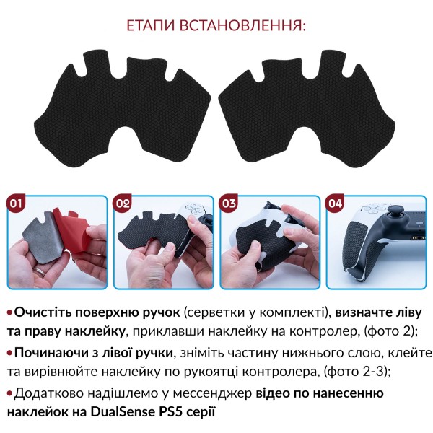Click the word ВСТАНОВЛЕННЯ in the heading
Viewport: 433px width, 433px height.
[x=243, y=25]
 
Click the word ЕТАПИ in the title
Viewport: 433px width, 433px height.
[x=151, y=25]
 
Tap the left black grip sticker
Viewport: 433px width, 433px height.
[x=121, y=110]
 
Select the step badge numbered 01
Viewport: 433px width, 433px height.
[x=16, y=204]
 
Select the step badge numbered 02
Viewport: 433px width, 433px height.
[x=123, y=204]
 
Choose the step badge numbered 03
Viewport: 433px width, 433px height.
[x=229, y=204]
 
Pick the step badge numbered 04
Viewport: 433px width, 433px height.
[x=336, y=204]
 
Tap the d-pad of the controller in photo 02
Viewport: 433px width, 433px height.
[x=193, y=209]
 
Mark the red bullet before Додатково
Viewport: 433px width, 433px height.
[x=10, y=394]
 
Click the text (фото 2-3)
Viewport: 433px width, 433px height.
[x=357, y=372]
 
